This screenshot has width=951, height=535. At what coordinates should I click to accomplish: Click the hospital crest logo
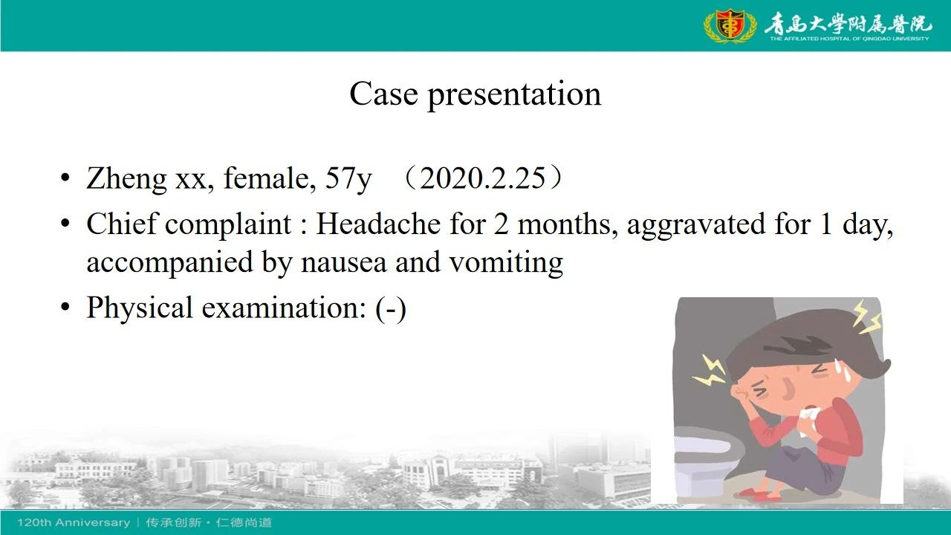[730, 25]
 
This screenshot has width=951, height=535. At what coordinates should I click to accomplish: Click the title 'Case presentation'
[475, 94]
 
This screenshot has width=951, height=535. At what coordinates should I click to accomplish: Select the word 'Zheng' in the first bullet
[126, 179]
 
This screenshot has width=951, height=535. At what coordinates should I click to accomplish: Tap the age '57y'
[348, 179]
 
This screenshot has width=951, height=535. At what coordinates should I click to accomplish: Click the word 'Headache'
[378, 224]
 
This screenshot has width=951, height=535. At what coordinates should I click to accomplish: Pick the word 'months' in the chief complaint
[567, 224]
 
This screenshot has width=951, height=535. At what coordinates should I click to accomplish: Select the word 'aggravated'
[696, 225]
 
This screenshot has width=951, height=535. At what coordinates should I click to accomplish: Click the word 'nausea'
[344, 262]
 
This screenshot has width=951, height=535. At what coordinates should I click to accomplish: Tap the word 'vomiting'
[506, 263]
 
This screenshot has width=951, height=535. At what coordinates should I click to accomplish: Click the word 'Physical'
[140, 308]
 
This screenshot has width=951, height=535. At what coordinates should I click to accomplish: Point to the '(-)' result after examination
[391, 308]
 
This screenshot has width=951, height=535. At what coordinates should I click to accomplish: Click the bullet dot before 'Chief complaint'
[65, 224]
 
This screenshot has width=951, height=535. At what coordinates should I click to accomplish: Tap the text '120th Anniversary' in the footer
[74, 522]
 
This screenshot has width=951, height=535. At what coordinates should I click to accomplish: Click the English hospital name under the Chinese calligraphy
[849, 39]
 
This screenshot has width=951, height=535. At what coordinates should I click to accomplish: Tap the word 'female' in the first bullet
[270, 178]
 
